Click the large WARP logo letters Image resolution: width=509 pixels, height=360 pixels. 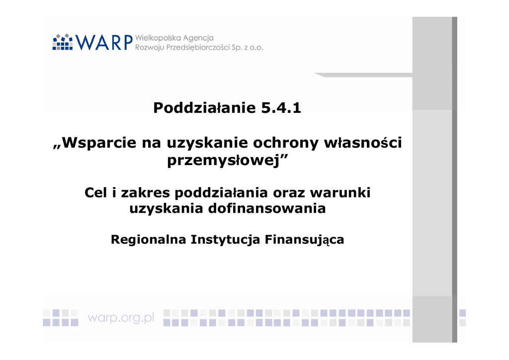coord(104,42)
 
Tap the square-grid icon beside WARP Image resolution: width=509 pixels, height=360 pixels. coord(63,42)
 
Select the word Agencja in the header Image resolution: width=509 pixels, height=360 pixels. coord(198,38)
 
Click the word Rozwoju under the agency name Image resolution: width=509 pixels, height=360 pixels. coord(150,48)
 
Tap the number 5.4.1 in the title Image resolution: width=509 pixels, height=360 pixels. coord(281,108)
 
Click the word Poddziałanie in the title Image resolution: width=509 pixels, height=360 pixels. coord(205,108)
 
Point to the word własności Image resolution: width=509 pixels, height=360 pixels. coord(363,143)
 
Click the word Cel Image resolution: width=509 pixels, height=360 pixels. coord(95,192)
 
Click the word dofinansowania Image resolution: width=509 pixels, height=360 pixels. coord(266,208)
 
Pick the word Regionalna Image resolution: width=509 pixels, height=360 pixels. coord(148,240)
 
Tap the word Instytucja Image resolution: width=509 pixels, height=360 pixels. coord(225,240)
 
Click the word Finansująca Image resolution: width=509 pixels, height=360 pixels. coord(304,240)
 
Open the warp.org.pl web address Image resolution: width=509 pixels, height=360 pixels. coord(121,318)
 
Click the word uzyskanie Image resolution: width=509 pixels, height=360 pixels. coord(207,143)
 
